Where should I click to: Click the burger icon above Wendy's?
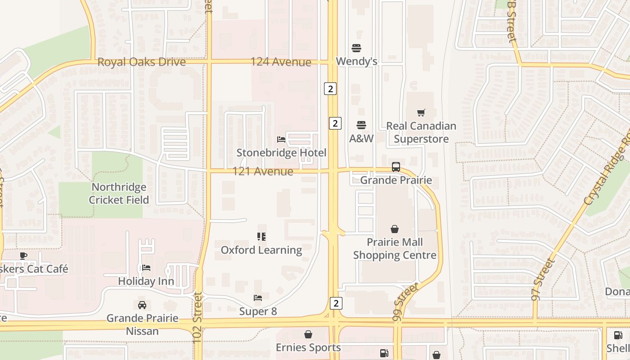click(356, 48)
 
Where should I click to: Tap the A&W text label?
click(361, 139)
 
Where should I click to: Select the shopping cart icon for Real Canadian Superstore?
click(421, 112)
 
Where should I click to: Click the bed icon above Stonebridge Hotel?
click(281, 139)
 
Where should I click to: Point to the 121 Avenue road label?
click(263, 171)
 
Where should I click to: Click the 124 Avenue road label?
click(281, 62)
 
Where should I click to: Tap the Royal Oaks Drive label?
click(141, 62)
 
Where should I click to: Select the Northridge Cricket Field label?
click(119, 193)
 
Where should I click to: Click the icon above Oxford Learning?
click(261, 236)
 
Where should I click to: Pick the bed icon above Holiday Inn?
click(146, 268)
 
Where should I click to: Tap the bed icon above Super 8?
click(258, 298)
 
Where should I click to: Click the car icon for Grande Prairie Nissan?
click(142, 305)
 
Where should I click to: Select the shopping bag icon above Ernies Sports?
click(308, 334)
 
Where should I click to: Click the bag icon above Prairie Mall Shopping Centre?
click(395, 229)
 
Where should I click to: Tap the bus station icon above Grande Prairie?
click(396, 167)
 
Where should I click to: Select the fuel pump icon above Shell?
click(618, 335)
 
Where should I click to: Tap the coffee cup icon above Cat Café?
click(23, 256)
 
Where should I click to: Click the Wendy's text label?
click(356, 61)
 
